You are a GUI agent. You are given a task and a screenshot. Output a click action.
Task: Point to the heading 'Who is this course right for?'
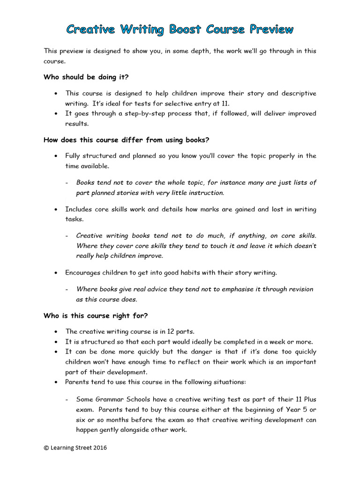pyautogui.click(x=97, y=315)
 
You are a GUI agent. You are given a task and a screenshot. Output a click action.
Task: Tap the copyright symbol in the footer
pyautogui.click(x=46, y=448)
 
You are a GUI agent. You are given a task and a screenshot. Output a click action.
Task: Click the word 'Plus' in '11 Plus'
pyautogui.click(x=309, y=399)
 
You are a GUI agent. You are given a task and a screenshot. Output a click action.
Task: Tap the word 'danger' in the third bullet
pyautogui.click(x=190, y=352)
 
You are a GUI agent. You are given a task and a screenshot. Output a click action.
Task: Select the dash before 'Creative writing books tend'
pyautogui.click(x=67, y=235)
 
